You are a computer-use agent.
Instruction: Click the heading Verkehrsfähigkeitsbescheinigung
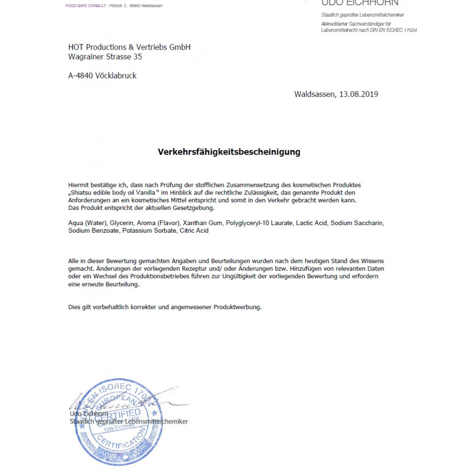click(229, 152)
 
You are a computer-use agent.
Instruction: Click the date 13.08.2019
click(359, 94)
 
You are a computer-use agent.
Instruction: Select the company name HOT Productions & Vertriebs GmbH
click(129, 47)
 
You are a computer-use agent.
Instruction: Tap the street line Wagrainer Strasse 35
click(105, 57)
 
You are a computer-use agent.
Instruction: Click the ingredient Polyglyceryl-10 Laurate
click(259, 223)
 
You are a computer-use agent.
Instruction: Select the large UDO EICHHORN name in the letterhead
click(359, 3)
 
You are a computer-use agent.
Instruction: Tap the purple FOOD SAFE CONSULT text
click(85, 5)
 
